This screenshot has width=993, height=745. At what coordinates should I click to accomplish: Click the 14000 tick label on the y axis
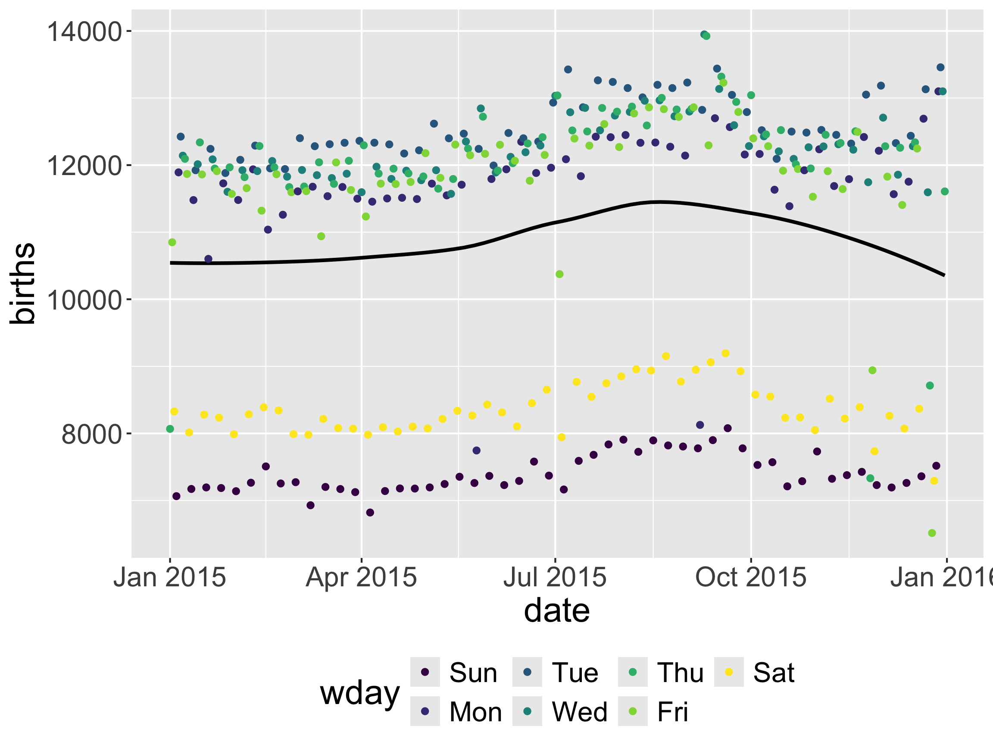tap(84, 32)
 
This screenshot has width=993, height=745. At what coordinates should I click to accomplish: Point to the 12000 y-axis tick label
tap(84, 166)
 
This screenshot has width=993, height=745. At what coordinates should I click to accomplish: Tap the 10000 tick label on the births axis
tap(84, 300)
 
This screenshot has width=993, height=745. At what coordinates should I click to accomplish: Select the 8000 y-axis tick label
tap(91, 434)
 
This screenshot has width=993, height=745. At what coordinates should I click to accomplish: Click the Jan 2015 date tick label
tap(170, 577)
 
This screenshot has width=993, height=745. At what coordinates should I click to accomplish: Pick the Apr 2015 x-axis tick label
tap(361, 577)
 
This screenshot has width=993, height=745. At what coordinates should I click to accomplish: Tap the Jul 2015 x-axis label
tap(555, 577)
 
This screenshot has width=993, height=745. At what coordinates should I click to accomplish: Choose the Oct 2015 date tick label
tap(751, 577)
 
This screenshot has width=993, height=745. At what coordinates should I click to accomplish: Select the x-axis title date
tap(557, 611)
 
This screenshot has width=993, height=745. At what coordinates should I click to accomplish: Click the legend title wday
tap(359, 693)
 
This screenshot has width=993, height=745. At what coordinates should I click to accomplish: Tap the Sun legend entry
tap(473, 673)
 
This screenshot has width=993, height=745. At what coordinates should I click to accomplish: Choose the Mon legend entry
tap(475, 712)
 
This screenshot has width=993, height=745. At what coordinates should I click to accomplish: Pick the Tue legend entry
tap(575, 673)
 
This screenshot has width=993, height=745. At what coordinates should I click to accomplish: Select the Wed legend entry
tap(580, 712)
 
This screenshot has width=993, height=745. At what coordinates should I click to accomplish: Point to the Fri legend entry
tap(672, 712)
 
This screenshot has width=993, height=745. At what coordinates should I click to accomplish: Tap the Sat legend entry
tap(774, 673)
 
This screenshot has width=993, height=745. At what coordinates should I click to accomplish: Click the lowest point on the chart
tap(932, 533)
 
